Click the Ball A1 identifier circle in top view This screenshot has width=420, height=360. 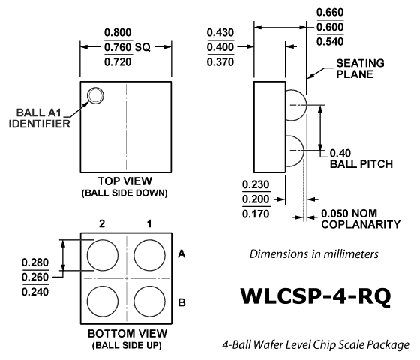pyautogui.click(x=96, y=88)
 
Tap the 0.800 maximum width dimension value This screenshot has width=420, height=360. pyautogui.click(x=118, y=33)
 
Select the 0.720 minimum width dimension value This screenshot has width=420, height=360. pyautogui.click(x=118, y=62)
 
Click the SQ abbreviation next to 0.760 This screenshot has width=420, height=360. pyautogui.click(x=142, y=47)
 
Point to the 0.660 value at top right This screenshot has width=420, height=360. pyautogui.click(x=330, y=12)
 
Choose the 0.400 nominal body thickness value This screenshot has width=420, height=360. pyautogui.click(x=220, y=47)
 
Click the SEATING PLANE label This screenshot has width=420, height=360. pyautogui.click(x=360, y=68)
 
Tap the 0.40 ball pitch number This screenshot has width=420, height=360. pyautogui.click(x=340, y=153)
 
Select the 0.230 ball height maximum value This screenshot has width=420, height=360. pyautogui.click(x=256, y=184)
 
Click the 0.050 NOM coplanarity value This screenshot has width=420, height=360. pyautogui.click(x=349, y=214)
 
